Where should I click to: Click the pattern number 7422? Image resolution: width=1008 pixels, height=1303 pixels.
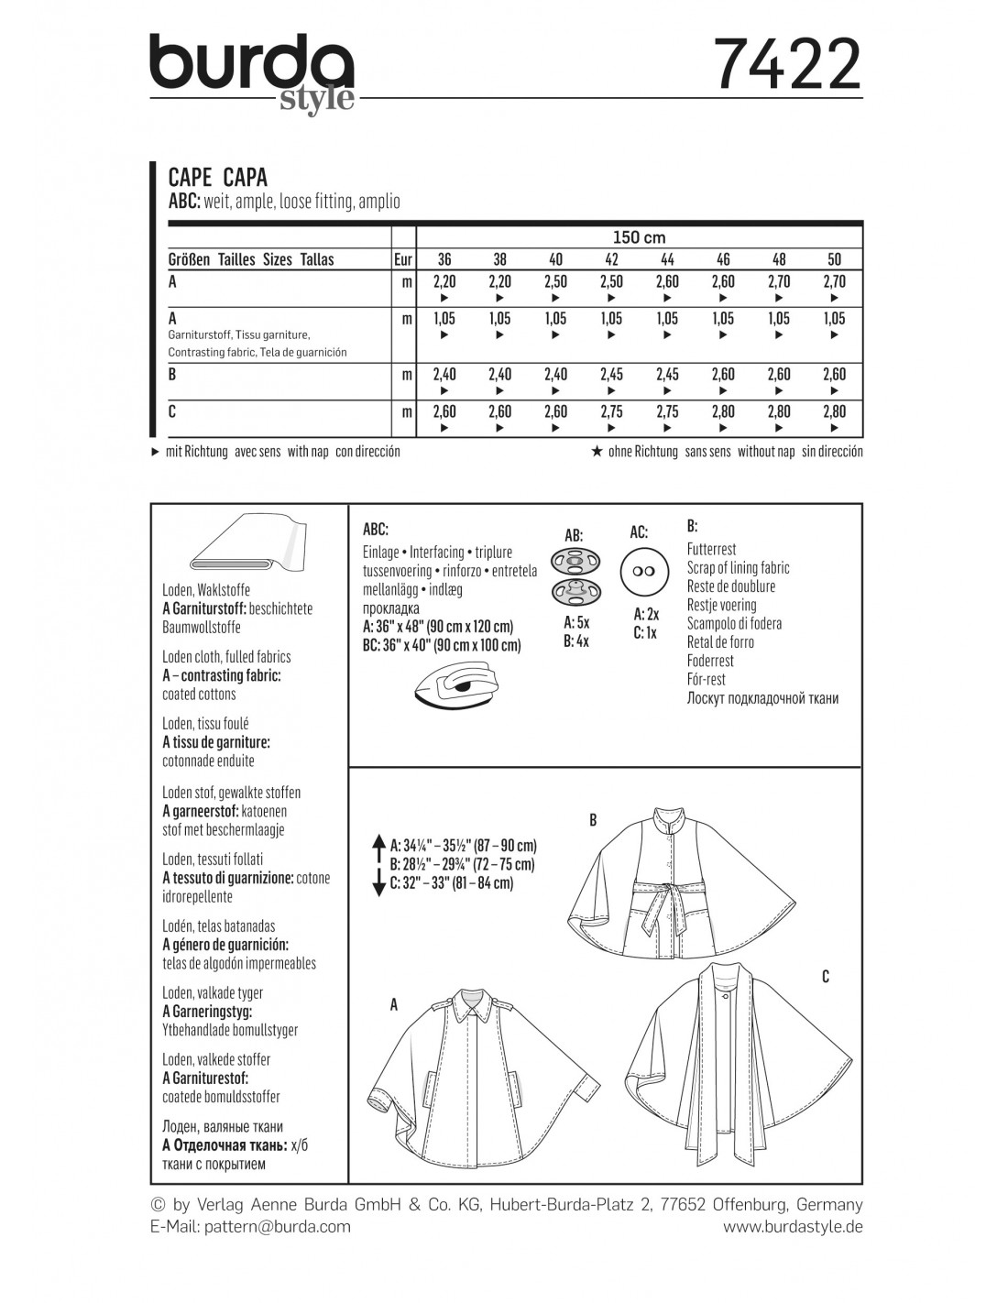point(787,66)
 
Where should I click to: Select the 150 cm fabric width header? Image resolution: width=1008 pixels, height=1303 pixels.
point(640,237)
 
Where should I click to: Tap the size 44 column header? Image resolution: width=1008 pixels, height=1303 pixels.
point(667,259)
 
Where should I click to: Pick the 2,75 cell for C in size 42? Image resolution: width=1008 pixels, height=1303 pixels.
point(611,412)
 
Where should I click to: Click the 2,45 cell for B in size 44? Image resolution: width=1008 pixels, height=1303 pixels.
point(667,375)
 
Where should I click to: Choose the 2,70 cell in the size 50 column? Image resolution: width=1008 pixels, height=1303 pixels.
point(834,282)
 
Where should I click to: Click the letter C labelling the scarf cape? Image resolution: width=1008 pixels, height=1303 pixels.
point(825,977)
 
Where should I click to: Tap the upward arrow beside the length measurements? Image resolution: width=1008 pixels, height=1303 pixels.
point(378,845)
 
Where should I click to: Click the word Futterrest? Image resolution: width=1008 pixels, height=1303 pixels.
point(712,549)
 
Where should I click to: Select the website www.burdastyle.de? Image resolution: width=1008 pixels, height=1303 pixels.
point(793,1226)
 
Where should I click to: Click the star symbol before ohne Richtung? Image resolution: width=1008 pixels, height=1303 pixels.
point(597,452)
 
